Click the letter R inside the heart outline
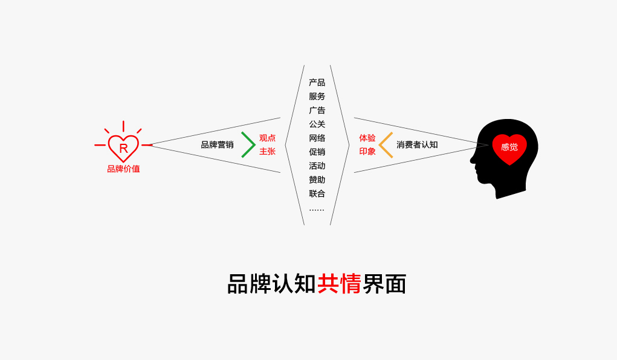pyautogui.click(x=123, y=149)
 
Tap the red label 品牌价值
pyautogui.click(x=123, y=169)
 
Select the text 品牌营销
pyautogui.click(x=217, y=145)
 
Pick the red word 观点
pyautogui.click(x=267, y=138)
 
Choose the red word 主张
pyautogui.click(x=267, y=152)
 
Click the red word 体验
pyautogui.click(x=367, y=138)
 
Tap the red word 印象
pyautogui.click(x=367, y=152)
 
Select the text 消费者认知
pyautogui.click(x=417, y=145)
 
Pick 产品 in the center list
pyautogui.click(x=317, y=83)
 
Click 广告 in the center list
pyautogui.click(x=317, y=110)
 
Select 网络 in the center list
pyautogui.click(x=317, y=138)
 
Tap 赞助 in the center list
pyautogui.click(x=317, y=180)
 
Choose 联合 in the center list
pyautogui.click(x=317, y=193)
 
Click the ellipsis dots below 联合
pyautogui.click(x=317, y=210)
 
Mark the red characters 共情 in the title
pyautogui.click(x=339, y=284)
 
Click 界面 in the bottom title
pyautogui.click(x=384, y=284)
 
